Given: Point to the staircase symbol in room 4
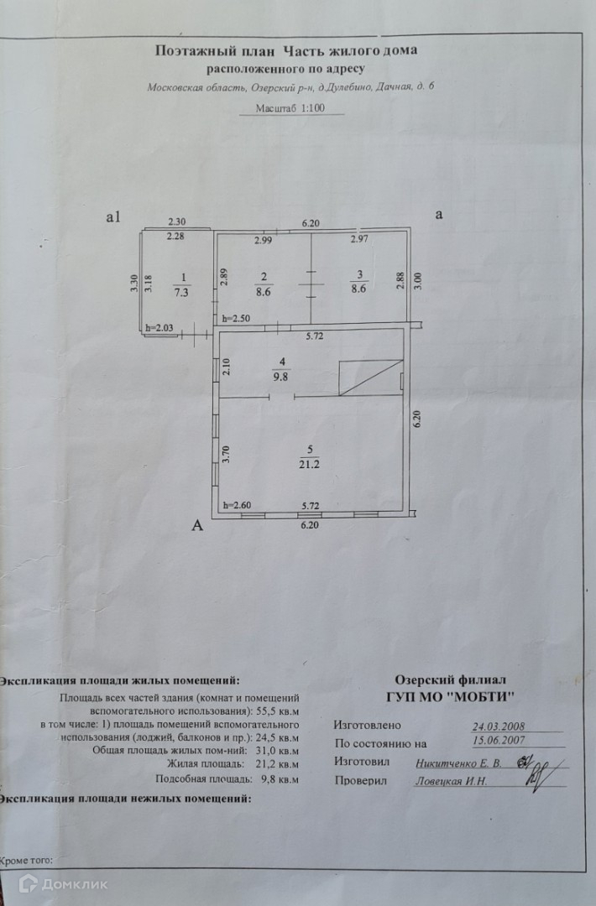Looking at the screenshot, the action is [370, 378].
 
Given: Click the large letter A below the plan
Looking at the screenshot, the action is [198, 526].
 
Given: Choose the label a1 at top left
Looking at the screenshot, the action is [115, 216].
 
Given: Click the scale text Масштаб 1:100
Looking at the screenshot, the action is [288, 108].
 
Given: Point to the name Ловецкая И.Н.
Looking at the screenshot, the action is [451, 781].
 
